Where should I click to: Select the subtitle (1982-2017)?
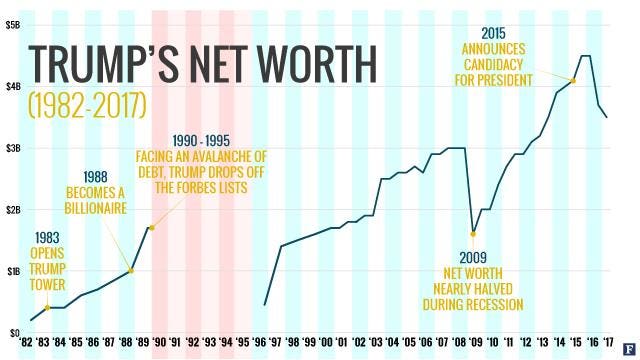pos(89,102)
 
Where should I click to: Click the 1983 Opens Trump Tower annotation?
pos(46,259)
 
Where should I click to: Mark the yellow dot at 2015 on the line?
pos(573,81)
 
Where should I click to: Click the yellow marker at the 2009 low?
pos(472,233)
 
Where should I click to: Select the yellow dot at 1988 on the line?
pos(130,270)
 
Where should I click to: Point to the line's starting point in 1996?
pos(264,304)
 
